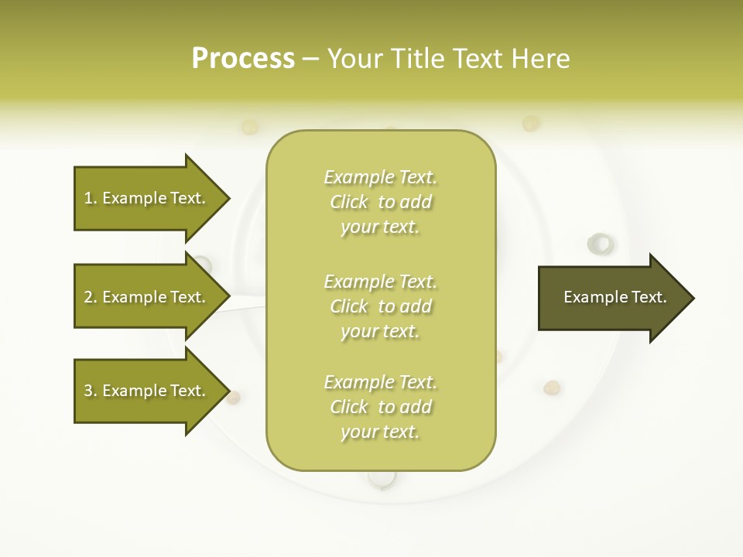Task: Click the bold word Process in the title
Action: coord(243,59)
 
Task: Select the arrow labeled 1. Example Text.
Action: coord(147,198)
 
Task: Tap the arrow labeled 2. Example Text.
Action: coord(147,297)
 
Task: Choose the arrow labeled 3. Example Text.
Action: coord(147,391)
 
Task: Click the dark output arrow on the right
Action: coord(611,298)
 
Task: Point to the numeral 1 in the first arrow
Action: coord(88,198)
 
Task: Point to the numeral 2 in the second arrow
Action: coord(88,297)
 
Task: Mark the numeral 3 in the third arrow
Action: coord(88,391)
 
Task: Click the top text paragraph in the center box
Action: coord(380,202)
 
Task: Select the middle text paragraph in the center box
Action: coord(380,306)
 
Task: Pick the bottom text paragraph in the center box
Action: coord(380,407)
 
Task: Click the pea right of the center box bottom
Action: coord(552,387)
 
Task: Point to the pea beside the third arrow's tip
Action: coord(233,398)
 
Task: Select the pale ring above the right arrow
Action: coord(600,244)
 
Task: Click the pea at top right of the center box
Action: coord(530,123)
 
